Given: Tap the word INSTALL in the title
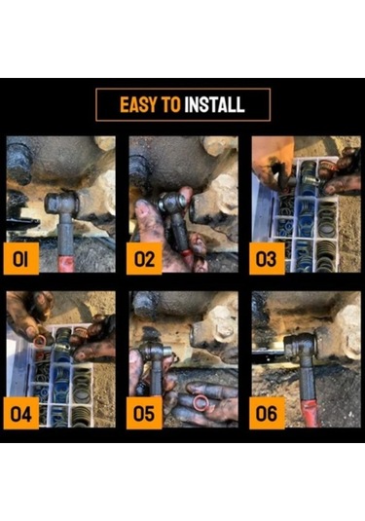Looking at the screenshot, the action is click(x=214, y=104).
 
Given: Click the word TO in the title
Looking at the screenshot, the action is click(x=171, y=104).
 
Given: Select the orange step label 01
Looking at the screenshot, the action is click(x=20, y=258).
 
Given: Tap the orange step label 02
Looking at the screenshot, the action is click(x=144, y=258).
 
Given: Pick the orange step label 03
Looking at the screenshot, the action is click(x=267, y=258).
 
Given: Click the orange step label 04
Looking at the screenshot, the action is click(x=20, y=414).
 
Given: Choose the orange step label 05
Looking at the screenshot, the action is click(x=144, y=414).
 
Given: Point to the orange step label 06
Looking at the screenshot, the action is click(x=267, y=414).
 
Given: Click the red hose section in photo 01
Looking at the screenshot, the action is click(x=66, y=263).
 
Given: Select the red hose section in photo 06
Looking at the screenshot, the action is click(x=310, y=413).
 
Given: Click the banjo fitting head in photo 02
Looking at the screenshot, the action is click(x=171, y=203).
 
